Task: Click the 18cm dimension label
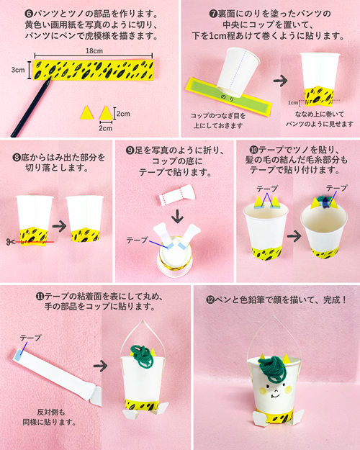coord(94,51)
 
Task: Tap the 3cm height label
coord(18,70)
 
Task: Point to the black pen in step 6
coord(31,107)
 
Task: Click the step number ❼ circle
coord(213,14)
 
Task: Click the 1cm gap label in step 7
coord(293,102)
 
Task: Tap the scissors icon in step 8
coord(10,242)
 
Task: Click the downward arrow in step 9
coord(178,217)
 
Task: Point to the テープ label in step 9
coord(138,240)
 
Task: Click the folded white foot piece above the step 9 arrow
coord(177,195)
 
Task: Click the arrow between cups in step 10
coord(294,236)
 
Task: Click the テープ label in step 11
coord(30,338)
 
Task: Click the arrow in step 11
coord(100,366)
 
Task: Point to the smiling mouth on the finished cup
coord(275,396)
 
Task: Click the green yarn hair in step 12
coord(272,369)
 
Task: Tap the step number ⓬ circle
coord(210,300)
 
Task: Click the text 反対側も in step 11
coord(51,413)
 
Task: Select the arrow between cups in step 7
coord(280,81)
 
